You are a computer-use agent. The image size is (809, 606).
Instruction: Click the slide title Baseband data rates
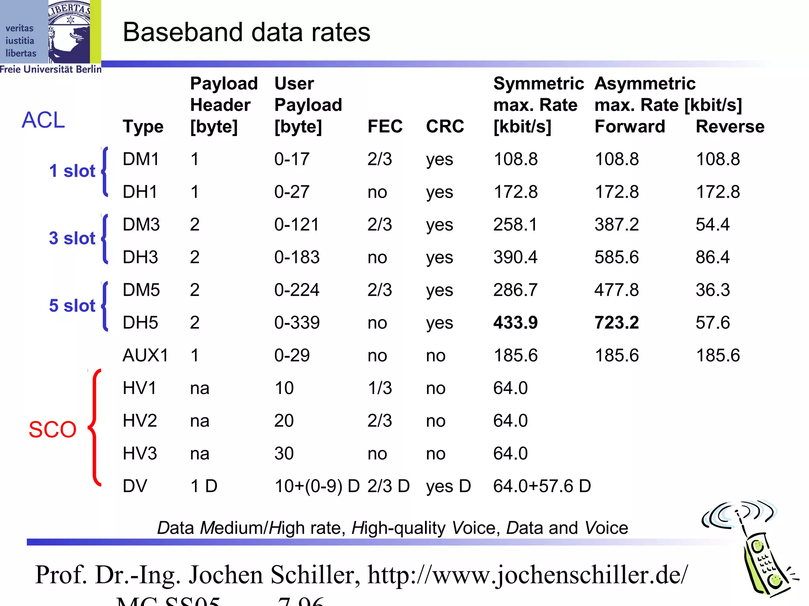pyautogui.click(x=246, y=32)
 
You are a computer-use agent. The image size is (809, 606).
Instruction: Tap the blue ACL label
pyautogui.click(x=43, y=120)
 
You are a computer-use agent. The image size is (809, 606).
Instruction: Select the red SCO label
pyautogui.click(x=53, y=429)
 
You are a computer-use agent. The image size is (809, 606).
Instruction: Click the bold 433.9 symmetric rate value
pyautogui.click(x=516, y=323)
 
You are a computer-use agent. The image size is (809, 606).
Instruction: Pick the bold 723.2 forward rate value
pyautogui.click(x=617, y=323)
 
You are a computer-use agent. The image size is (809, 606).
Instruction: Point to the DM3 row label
pyautogui.click(x=141, y=224)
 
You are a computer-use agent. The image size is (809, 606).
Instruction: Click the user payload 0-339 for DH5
pyautogui.click(x=297, y=323)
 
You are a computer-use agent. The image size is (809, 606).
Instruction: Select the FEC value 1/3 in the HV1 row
pyautogui.click(x=380, y=388)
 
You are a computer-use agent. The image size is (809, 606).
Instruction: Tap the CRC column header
pyautogui.click(x=445, y=127)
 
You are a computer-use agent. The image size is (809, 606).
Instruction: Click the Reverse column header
pyautogui.click(x=730, y=127)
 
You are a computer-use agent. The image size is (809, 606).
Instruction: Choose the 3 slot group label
pyautogui.click(x=72, y=238)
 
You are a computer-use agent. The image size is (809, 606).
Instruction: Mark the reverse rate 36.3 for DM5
pyautogui.click(x=713, y=290)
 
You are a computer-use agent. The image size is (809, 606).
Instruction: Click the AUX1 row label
pyautogui.click(x=145, y=355)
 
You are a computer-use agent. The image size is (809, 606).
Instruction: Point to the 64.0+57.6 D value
pyautogui.click(x=542, y=486)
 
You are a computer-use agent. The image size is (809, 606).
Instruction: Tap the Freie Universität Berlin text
pyautogui.click(x=51, y=69)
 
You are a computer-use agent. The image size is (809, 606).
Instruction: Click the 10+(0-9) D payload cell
pyautogui.click(x=317, y=486)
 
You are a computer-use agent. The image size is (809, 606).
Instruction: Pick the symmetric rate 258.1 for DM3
pyautogui.click(x=516, y=224)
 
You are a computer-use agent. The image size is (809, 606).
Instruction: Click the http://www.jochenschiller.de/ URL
pyautogui.click(x=528, y=575)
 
